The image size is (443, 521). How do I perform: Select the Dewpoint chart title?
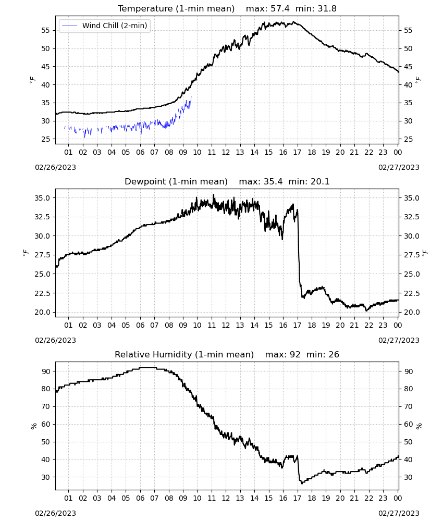176,181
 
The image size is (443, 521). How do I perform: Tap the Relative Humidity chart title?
184,354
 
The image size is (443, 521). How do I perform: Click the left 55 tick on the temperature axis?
45,30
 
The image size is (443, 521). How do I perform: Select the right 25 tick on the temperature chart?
408,139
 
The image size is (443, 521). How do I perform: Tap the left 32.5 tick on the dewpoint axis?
43,217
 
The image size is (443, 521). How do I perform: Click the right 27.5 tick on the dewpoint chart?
411,255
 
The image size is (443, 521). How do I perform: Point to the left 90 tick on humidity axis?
45,371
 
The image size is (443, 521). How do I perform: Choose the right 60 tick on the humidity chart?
408,424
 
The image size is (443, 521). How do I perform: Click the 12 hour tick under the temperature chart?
226,152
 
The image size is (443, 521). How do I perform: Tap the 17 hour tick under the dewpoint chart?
297,325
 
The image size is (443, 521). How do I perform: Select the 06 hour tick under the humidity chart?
140,498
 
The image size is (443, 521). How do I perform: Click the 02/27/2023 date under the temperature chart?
399,167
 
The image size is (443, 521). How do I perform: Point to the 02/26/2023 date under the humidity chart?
55,513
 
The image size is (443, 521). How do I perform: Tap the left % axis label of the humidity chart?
33,426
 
